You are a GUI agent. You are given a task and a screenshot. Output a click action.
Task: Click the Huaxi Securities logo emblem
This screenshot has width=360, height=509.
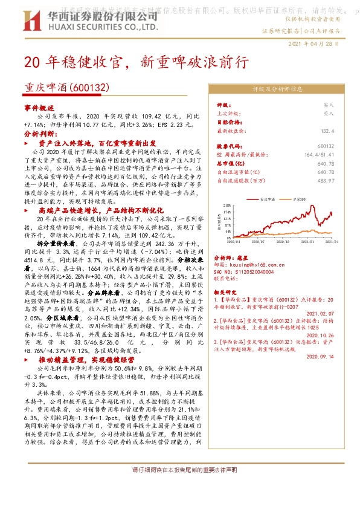25,19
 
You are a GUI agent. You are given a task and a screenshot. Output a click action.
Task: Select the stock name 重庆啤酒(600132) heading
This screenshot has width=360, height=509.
66,88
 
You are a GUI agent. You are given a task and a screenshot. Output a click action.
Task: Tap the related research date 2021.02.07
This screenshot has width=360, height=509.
320,314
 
